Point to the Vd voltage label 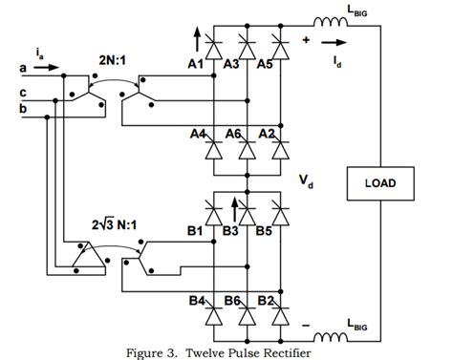(x=305, y=179)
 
